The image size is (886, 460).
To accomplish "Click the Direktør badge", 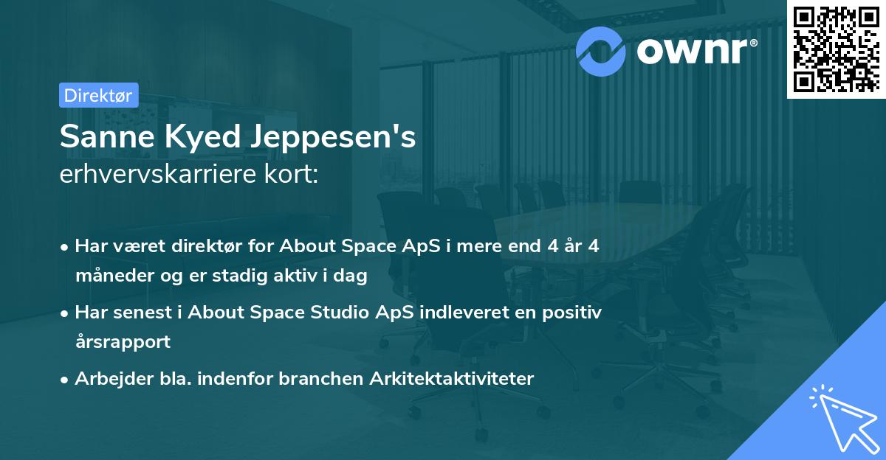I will [x=98, y=95].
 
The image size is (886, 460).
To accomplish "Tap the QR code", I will [x=837, y=49].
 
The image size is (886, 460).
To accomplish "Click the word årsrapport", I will [x=123, y=342].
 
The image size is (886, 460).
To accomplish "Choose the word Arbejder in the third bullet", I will [x=108, y=379].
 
